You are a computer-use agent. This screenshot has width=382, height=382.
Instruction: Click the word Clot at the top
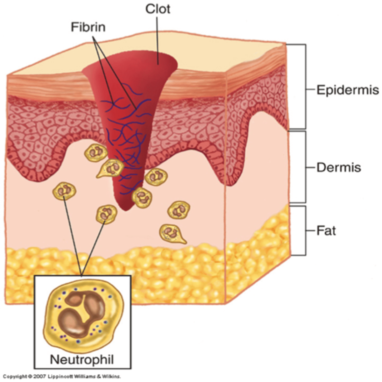[x=158, y=9]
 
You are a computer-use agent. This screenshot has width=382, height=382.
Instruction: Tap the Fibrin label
[x=88, y=27]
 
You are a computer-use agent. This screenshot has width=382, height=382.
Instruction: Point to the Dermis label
[x=339, y=167]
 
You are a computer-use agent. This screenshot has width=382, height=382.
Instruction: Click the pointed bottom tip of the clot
[x=125, y=209]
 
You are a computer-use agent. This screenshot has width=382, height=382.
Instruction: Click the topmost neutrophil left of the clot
[x=95, y=152]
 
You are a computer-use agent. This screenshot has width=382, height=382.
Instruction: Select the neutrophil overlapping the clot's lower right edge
[x=142, y=196]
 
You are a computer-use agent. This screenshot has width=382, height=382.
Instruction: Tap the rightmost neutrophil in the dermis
[x=179, y=210]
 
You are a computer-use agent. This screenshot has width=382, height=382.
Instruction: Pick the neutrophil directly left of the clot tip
[x=106, y=214]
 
